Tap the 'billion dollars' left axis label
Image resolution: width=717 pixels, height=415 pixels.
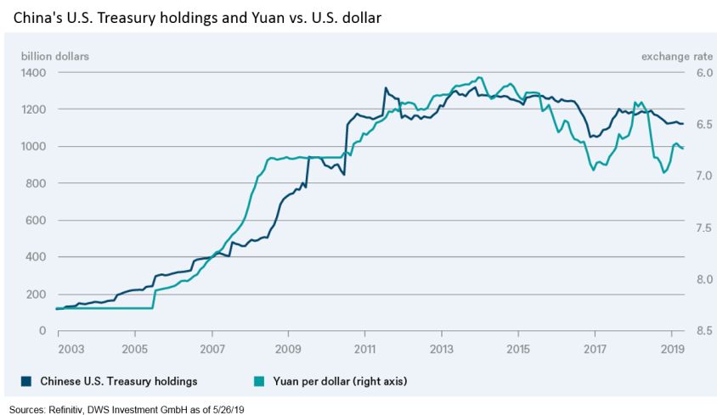click(x=55, y=57)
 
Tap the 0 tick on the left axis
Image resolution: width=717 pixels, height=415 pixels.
click(x=42, y=330)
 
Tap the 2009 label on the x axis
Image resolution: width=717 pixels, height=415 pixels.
click(x=288, y=348)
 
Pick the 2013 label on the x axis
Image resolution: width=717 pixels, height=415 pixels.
click(x=442, y=348)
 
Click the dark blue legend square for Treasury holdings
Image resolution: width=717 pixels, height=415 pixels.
click(x=25, y=381)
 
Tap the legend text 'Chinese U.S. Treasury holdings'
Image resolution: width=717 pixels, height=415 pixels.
click(x=113, y=381)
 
